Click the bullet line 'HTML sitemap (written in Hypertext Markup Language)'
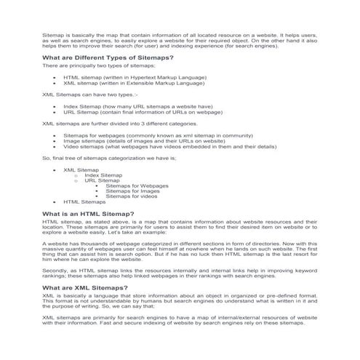[135, 77]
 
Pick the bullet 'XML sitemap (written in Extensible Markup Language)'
[134, 84]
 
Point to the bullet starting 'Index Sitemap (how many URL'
[137, 106]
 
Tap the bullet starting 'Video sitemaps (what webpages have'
[169, 147]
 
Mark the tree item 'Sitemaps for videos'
[132, 196]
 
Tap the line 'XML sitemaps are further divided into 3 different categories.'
[109, 124]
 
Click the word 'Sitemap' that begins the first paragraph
[52, 34]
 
